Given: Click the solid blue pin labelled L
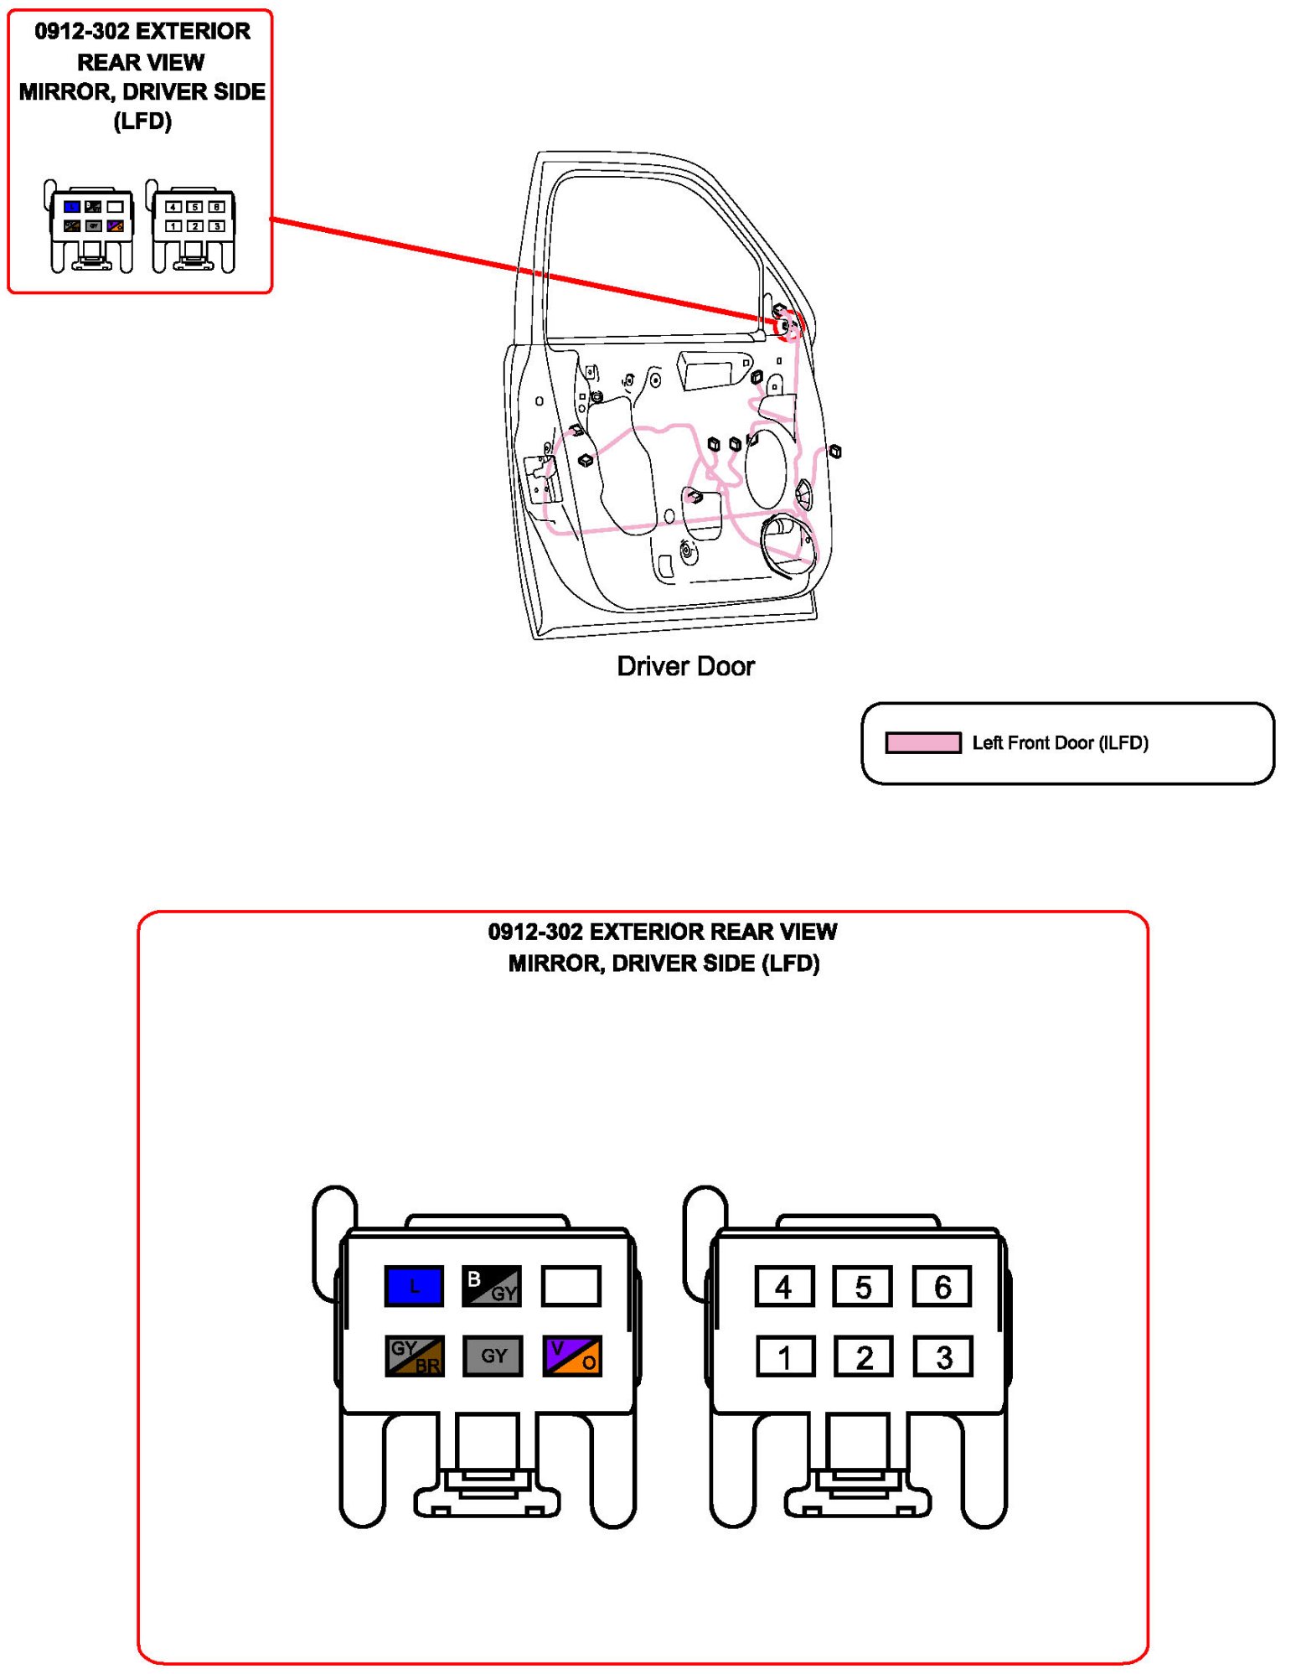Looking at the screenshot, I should tap(413, 1285).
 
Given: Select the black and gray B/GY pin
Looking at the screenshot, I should tap(492, 1285).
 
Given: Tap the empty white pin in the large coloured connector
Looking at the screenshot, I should tap(571, 1285).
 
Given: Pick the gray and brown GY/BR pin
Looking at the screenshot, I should tap(414, 1356).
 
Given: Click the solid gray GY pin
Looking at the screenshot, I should tap(493, 1356).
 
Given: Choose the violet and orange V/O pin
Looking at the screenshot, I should tap(572, 1356).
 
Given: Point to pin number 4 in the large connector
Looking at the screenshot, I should tap(783, 1286).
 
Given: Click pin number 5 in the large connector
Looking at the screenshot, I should tap(862, 1286).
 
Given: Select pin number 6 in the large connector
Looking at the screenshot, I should tap(942, 1286).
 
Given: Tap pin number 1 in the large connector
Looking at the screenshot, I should tap(785, 1356).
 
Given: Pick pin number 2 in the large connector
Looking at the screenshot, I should tap(864, 1356).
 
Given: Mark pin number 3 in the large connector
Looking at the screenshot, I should tap(943, 1356).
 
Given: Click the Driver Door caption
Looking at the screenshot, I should tap(685, 666).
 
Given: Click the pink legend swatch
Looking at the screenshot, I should tap(922, 742).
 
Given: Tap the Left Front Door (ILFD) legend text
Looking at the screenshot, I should tap(1060, 742).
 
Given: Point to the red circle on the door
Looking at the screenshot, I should tap(788, 325).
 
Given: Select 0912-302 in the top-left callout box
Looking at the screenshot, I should tap(82, 32).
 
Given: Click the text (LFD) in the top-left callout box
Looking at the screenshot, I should tap(142, 121).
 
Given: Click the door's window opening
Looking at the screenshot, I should tap(645, 251).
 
